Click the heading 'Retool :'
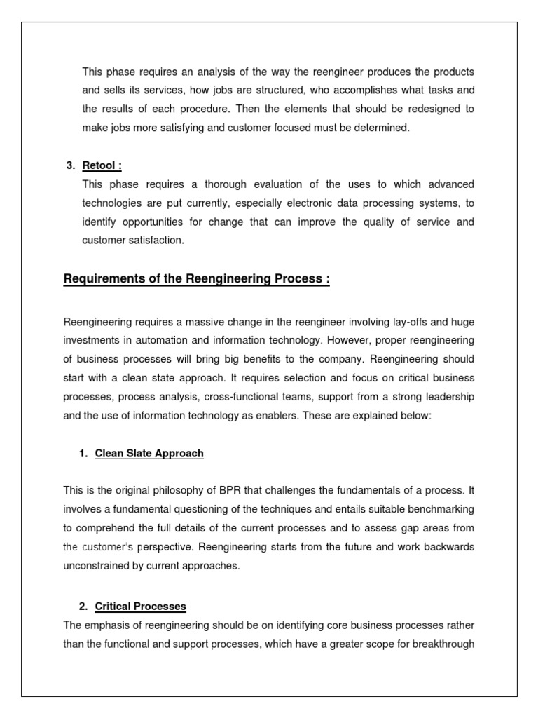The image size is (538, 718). click(102, 165)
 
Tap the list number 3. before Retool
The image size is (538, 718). click(70, 165)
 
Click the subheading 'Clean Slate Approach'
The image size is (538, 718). click(149, 454)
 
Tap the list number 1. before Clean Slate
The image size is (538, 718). click(85, 454)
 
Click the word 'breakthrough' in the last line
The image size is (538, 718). click(443, 643)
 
